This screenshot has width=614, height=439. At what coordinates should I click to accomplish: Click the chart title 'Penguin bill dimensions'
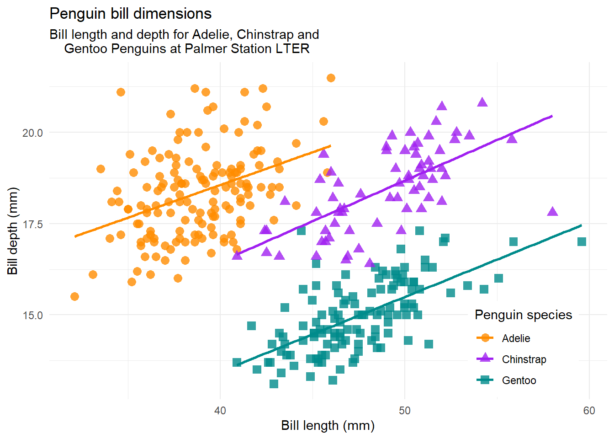pyautogui.click(x=130, y=14)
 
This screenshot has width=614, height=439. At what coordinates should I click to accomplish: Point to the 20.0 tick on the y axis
pyautogui.click(x=32, y=133)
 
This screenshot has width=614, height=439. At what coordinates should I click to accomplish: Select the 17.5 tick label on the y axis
pyautogui.click(x=32, y=224)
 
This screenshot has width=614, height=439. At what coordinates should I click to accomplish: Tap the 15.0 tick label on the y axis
pyautogui.click(x=32, y=315)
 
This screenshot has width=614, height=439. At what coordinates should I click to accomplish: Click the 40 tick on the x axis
pyautogui.click(x=220, y=411)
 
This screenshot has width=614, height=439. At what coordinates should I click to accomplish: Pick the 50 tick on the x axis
pyautogui.click(x=405, y=411)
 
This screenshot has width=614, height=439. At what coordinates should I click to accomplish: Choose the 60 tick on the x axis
pyautogui.click(x=589, y=411)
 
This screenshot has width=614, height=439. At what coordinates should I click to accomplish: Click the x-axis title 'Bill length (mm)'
pyautogui.click(x=328, y=426)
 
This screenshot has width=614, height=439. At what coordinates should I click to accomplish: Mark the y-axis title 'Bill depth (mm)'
pyautogui.click(x=12, y=231)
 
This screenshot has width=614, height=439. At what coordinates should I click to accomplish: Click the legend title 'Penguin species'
pyautogui.click(x=523, y=315)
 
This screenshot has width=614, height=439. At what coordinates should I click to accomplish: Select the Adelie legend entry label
pyautogui.click(x=516, y=338)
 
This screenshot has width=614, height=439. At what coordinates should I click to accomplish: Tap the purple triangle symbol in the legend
pyautogui.click(x=485, y=359)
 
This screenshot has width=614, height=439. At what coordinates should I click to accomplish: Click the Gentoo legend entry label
pyautogui.click(x=519, y=380)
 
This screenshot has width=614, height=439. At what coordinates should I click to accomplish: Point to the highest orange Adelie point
pyautogui.click(x=331, y=78)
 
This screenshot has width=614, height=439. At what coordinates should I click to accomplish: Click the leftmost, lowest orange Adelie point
pyautogui.click(x=74, y=297)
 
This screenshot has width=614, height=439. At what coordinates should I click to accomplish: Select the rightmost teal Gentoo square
pyautogui.click(x=582, y=241)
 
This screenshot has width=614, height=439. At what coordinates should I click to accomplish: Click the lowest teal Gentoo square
pyautogui.click(x=274, y=384)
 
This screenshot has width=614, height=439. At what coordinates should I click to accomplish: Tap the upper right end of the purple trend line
pyautogui.click(x=552, y=116)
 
